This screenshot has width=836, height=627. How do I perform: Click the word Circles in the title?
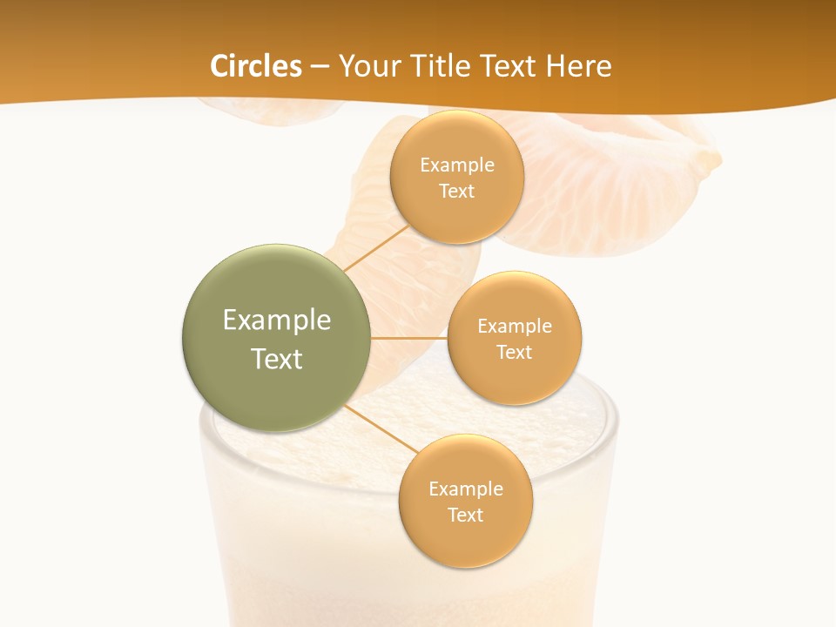coord(256,66)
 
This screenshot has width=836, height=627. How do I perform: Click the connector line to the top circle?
coord(376,247)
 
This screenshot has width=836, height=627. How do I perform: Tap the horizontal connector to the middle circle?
coord(408,338)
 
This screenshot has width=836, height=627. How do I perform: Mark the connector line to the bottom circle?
coord(381,428)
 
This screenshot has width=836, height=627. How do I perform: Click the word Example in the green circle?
coord(277,320)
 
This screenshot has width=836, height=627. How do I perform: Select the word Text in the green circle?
coord(277,359)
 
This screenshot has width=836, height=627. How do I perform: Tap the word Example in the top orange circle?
coord(457,165)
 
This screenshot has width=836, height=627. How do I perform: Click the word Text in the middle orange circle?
coord(515,352)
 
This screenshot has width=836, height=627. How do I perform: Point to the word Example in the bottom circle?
coord(465,489)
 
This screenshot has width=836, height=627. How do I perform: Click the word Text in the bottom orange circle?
coord(465,515)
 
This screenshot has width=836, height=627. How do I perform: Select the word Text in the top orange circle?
coord(457,192)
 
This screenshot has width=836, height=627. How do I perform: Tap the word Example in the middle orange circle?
coord(515,326)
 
